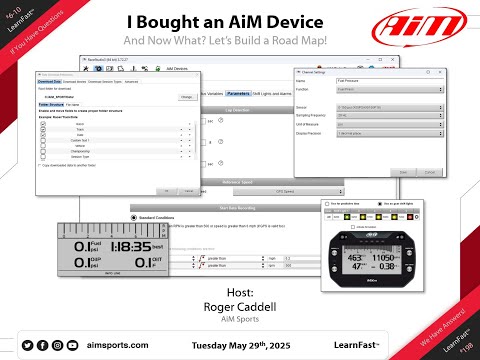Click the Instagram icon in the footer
pos(59,343)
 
